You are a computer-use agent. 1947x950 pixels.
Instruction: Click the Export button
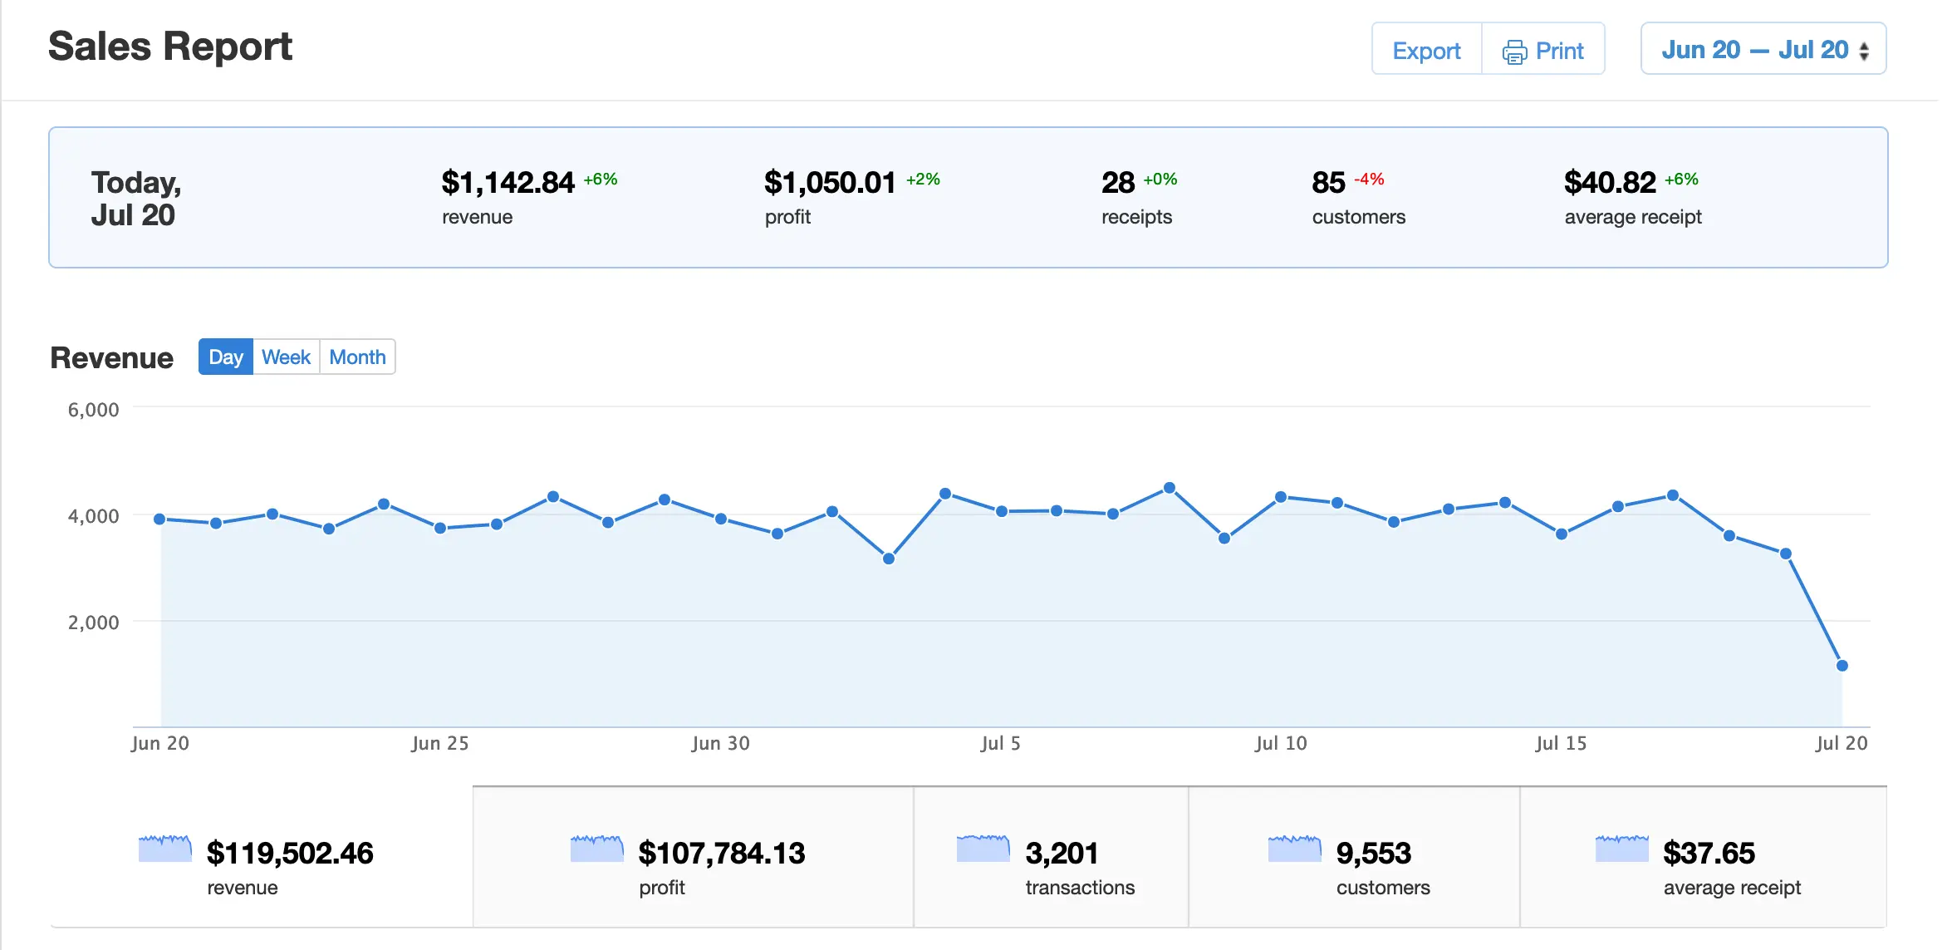1426,51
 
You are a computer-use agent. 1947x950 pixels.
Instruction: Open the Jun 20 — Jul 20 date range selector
1763,50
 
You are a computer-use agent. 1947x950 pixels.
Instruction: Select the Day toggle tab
226,357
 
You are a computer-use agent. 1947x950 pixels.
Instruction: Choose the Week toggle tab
286,357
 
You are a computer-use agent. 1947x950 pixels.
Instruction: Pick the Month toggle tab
357,357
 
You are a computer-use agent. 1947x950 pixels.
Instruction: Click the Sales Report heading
170,47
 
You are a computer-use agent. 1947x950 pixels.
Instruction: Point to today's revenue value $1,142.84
508,183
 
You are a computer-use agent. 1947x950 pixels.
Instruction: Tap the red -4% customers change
1369,180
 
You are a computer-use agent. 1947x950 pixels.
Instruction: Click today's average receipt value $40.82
1610,183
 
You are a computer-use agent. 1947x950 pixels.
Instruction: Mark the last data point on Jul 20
1842,666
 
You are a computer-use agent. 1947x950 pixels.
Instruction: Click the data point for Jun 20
160,519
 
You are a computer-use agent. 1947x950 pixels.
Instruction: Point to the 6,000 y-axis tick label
93,410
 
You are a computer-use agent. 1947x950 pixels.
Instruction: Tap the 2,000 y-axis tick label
93,623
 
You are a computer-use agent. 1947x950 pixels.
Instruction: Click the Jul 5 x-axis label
1000,743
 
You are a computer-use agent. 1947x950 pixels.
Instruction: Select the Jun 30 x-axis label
720,743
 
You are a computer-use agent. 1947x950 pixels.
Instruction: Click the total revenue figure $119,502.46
290,854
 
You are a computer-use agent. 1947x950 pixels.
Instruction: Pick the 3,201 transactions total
1062,854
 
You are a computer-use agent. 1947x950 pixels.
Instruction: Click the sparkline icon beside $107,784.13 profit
596,849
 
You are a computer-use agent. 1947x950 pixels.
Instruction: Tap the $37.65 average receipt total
1709,854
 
